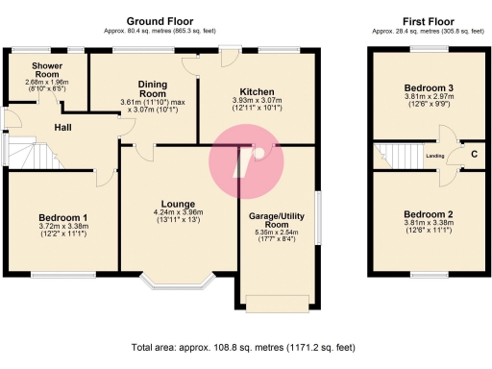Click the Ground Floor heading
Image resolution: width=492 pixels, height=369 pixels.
click(160, 20)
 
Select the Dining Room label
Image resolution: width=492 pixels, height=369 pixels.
click(153, 88)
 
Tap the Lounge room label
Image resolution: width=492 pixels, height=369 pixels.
click(179, 204)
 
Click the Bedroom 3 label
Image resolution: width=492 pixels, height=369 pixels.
click(428, 87)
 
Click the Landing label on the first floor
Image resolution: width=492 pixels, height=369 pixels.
click(434, 155)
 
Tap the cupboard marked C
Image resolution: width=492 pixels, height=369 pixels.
click(474, 155)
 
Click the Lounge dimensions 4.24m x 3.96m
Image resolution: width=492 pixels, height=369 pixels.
click(179, 213)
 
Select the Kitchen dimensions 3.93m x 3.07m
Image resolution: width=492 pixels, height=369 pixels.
click(255, 100)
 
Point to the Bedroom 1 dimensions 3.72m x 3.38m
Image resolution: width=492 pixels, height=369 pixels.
click(63, 228)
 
